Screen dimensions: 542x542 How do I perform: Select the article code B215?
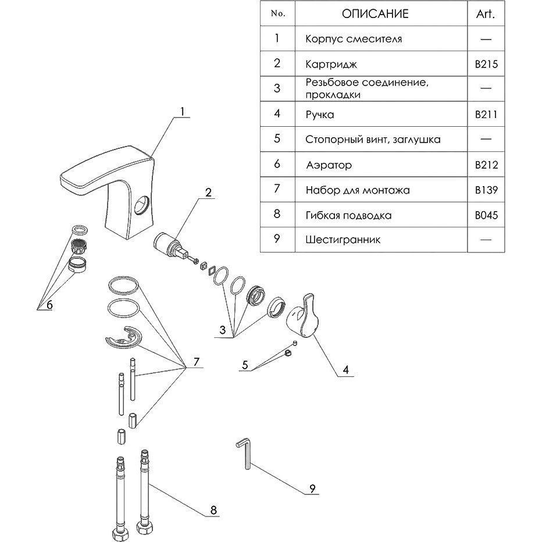[486, 65]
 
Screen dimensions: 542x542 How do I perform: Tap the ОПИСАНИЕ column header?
[375, 14]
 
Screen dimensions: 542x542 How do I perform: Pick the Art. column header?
[486, 14]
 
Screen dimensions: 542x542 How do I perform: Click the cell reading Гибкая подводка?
[348, 215]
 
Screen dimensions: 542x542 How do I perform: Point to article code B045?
[486, 215]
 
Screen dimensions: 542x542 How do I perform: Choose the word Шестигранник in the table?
[343, 240]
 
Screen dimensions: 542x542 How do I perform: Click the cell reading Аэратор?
[329, 165]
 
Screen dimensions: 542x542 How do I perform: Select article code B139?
[486, 190]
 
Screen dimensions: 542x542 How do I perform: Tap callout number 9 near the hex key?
[312, 488]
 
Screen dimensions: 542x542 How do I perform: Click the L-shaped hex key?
[244, 453]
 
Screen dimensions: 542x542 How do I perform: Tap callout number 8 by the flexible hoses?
[213, 510]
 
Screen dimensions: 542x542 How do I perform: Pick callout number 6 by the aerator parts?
[49, 305]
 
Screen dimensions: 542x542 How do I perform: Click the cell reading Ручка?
[319, 115]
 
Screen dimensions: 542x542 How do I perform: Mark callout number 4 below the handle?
[345, 369]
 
